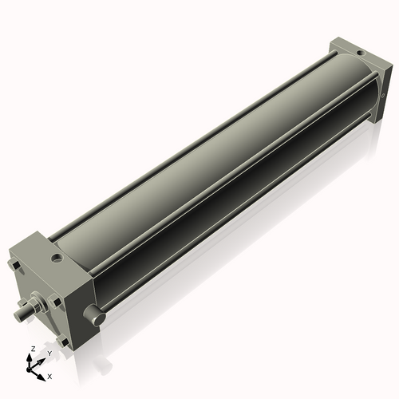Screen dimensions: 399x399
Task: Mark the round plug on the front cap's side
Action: tap(97, 318)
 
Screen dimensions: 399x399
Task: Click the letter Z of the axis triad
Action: tap(30, 350)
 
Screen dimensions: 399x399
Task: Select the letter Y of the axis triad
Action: tap(49, 354)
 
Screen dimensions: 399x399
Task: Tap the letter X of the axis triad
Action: tap(49, 375)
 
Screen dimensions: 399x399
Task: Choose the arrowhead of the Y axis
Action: tap(42, 360)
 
